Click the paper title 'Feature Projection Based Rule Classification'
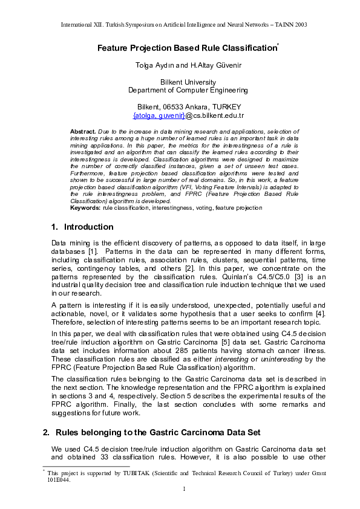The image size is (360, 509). pyautogui.click(x=186, y=48)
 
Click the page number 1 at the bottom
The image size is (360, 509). pyautogui.click(x=183, y=489)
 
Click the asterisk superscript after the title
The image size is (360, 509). pyautogui.click(x=277, y=45)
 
